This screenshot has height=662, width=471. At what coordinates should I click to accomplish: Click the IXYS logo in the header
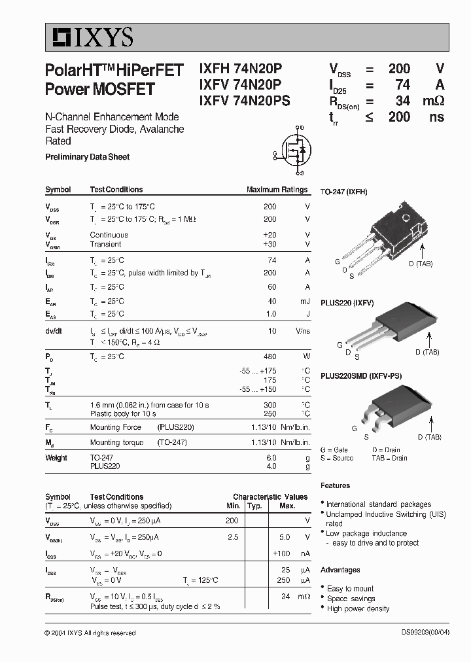pyautogui.click(x=90, y=37)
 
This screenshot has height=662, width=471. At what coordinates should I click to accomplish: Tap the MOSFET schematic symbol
pyautogui.click(x=292, y=151)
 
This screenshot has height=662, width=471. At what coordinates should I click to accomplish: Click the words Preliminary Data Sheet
pyautogui.click(x=87, y=157)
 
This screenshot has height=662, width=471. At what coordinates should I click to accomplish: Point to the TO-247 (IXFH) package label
pyautogui.click(x=343, y=192)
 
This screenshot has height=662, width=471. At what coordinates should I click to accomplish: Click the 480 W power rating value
pyautogui.click(x=270, y=357)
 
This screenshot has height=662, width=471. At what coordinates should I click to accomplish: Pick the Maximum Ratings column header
pyautogui.click(x=277, y=190)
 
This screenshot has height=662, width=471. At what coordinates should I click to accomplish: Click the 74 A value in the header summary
pyautogui.click(x=403, y=84)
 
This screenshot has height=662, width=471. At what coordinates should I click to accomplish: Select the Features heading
pyautogui.click(x=335, y=485)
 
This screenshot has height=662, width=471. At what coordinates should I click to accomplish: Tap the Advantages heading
pyautogui.click(x=340, y=570)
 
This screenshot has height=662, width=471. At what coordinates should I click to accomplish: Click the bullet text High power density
pyautogui.click(x=358, y=608)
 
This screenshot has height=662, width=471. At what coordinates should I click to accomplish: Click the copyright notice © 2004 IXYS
pyautogui.click(x=90, y=633)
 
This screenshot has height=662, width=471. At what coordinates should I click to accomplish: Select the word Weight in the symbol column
pyautogui.click(x=56, y=458)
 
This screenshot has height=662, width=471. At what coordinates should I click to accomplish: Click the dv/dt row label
pyautogui.click(x=54, y=332)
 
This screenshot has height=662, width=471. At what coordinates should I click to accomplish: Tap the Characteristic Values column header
pyautogui.click(x=270, y=497)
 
